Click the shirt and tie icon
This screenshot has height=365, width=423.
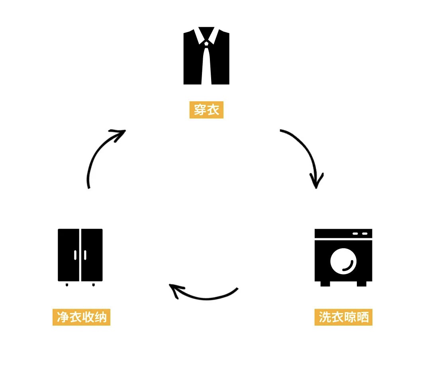[206, 56]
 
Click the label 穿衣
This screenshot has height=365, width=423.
[206, 110]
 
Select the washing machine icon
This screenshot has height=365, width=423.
[343, 257]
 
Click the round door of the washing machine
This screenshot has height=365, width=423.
[343, 262]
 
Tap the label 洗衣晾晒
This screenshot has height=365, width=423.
[343, 318]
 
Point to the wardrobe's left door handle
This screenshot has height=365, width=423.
[75, 255]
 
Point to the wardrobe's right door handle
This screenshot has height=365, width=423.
[85, 255]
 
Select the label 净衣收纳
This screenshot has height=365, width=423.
[81, 318]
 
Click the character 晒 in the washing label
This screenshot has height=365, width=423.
[363, 318]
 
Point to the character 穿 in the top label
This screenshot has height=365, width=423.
[200, 110]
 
